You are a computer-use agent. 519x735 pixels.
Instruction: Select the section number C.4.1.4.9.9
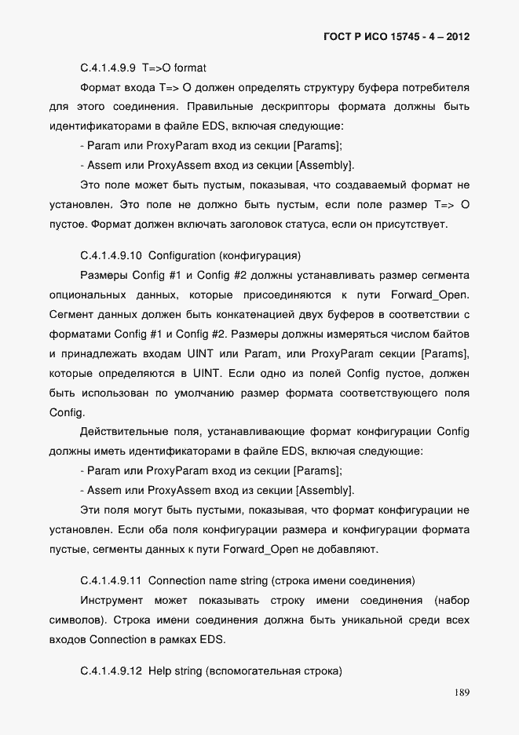[109, 68]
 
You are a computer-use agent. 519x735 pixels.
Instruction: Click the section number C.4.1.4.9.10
[111, 255]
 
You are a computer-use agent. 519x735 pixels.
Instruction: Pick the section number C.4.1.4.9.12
[111, 673]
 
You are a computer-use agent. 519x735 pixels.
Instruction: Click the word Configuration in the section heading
[182, 255]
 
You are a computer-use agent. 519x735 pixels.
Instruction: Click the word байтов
[451, 334]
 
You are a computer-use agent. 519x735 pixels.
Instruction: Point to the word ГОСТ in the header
[338, 37]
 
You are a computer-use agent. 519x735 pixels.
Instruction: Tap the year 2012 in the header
[458, 37]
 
